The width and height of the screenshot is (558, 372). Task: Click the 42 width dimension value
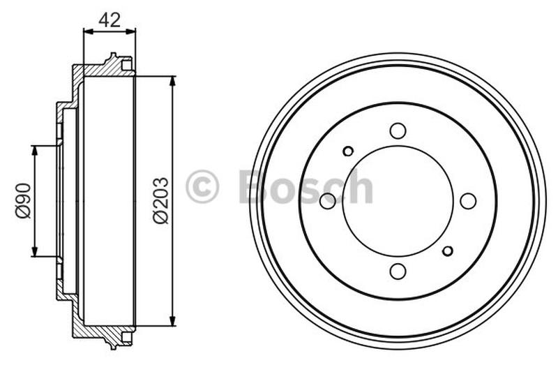(x=110, y=20)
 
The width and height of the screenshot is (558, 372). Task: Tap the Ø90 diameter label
(x=23, y=201)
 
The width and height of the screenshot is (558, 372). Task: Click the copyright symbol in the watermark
(x=202, y=187)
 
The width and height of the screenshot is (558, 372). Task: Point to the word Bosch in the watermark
(x=306, y=187)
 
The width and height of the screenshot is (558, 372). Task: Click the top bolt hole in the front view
(x=398, y=131)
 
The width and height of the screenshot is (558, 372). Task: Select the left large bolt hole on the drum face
(x=327, y=201)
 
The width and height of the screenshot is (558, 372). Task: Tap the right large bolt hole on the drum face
(x=468, y=201)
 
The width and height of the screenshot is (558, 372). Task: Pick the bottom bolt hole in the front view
(x=398, y=271)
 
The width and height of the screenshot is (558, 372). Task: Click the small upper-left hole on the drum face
(x=348, y=151)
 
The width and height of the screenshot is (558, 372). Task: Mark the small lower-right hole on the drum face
(x=448, y=251)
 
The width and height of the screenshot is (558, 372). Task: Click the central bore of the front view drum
(x=398, y=201)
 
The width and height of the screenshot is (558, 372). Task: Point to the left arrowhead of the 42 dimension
(x=87, y=31)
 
